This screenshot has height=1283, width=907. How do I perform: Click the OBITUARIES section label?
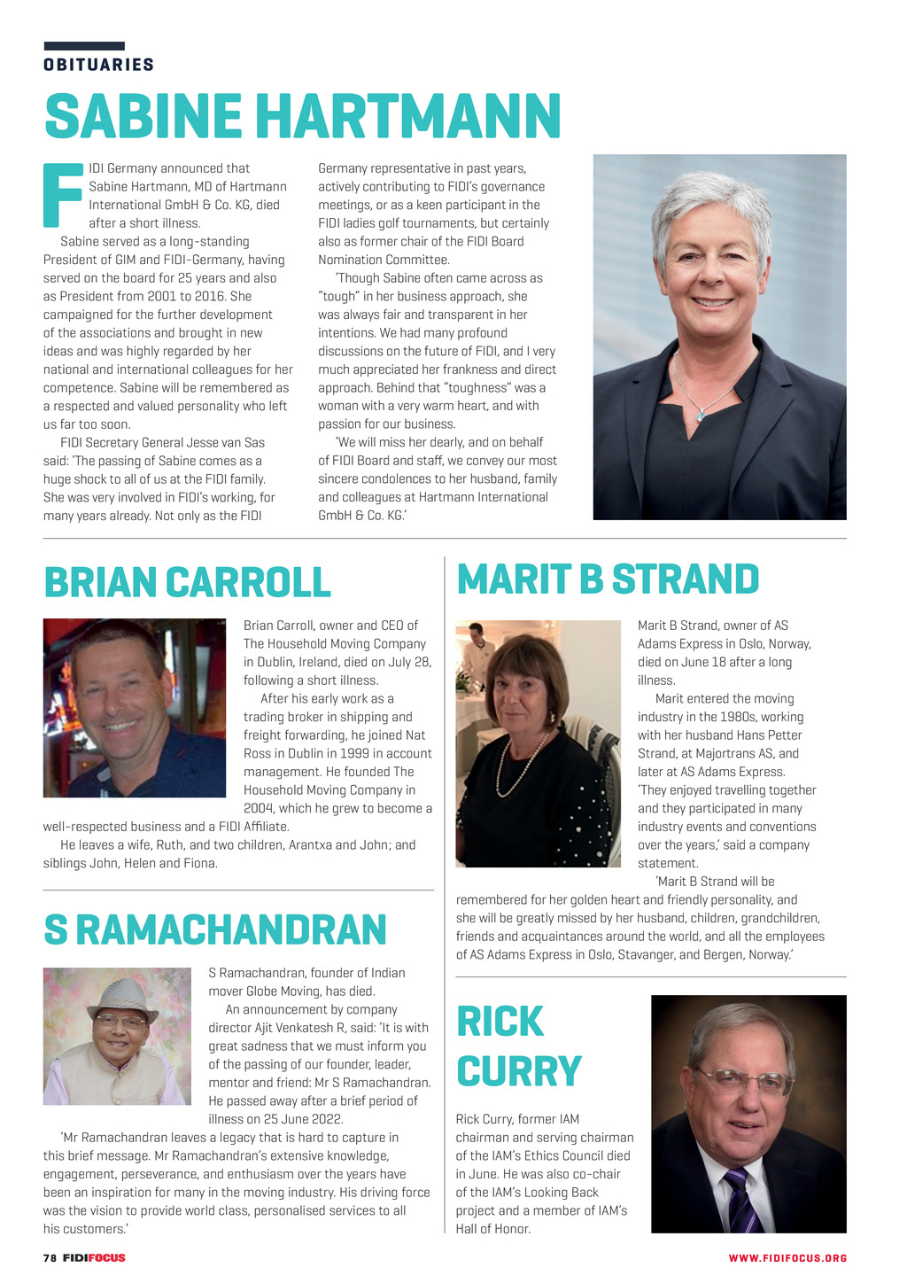coord(98,65)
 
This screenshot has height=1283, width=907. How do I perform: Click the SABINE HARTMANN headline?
coord(302,116)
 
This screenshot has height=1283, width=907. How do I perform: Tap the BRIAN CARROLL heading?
coord(187,582)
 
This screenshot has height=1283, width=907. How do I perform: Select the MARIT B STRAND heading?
coord(608,579)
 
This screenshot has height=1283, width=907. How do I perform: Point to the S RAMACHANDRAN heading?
coord(215,929)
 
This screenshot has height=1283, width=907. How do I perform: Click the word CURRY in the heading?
coord(519,1071)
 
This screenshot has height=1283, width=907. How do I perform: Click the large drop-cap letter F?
coord(62,194)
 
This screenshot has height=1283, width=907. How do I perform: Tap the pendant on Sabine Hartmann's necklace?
coord(701,414)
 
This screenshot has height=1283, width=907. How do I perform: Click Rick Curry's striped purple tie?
coord(740,1200)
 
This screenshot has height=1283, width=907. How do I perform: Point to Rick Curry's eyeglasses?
coord(745,1080)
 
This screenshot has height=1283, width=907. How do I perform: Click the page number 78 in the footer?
coord(50,1257)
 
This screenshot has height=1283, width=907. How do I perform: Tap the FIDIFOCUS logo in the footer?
coord(94,1257)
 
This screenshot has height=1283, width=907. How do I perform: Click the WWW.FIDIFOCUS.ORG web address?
coord(787,1258)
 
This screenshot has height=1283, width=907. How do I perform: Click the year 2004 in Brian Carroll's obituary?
coord(260,808)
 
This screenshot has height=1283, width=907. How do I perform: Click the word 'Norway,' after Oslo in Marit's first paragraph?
coord(790,644)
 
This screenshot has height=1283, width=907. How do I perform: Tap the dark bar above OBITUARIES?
coord(84,46)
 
